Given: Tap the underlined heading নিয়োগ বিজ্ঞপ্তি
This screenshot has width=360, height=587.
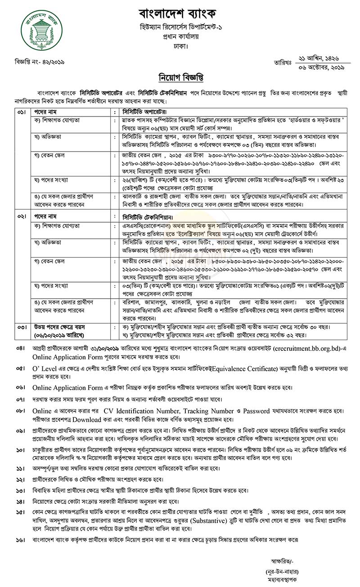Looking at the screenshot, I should tap(180, 76).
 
